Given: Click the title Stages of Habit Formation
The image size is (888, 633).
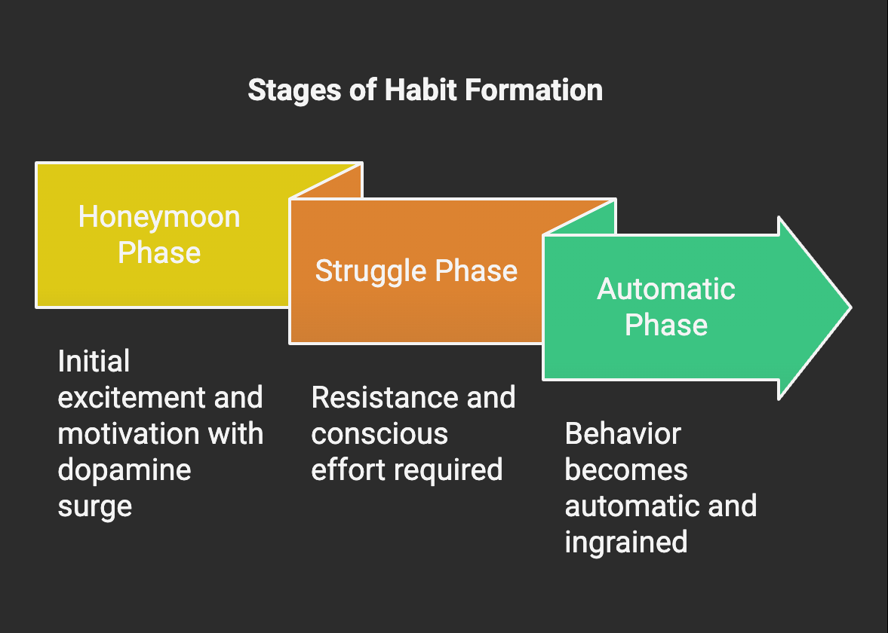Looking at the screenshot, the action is tap(426, 90).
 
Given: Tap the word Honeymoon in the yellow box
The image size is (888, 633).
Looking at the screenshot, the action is tap(159, 218).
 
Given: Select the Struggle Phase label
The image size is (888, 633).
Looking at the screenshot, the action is tap(416, 271).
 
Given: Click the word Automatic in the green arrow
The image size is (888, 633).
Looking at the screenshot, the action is tap(666, 289).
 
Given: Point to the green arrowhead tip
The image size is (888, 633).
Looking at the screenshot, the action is tap(850, 307).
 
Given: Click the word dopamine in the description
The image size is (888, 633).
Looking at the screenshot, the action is tap(124, 471).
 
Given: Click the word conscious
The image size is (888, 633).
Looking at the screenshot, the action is tap(379, 435).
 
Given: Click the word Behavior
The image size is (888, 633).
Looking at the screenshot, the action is tap(623, 434).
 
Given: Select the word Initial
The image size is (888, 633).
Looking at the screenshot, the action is tap(94, 362).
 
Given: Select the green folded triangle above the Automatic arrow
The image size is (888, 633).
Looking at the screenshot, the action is tap(591, 220).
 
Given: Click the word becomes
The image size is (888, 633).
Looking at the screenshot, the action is tap(626, 471).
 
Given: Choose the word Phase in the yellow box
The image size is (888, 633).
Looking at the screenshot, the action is tap(159, 253).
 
